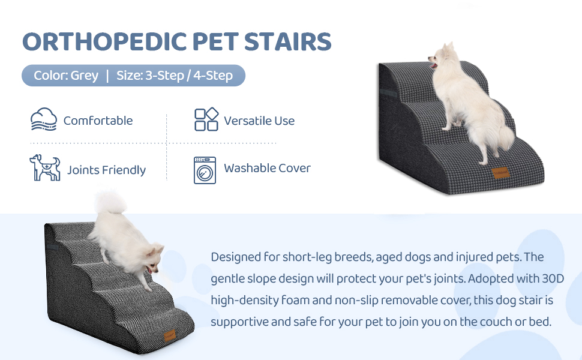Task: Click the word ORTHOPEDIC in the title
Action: pos(104,41)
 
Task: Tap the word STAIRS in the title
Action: pos(287,41)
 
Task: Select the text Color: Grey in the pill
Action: pos(66,76)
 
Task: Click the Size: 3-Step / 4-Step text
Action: pos(175,76)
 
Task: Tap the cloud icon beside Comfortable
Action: pos(44,119)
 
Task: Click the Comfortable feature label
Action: pos(98,121)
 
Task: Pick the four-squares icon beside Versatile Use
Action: pos(206,119)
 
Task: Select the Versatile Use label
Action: pos(259,121)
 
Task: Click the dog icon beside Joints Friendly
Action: pos(45,168)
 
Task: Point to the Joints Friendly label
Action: pos(107,170)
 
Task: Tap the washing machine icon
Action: pos(205,170)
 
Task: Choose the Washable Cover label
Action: pos(267,168)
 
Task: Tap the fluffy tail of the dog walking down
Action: pos(110,202)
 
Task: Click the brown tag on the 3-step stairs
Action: pos(500,173)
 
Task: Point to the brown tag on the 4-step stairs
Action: pos(170,335)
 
